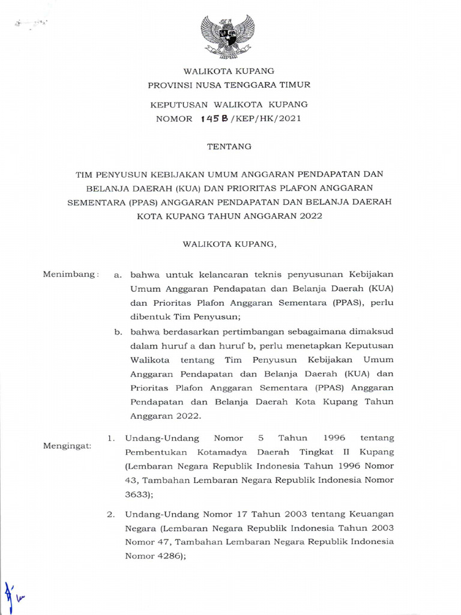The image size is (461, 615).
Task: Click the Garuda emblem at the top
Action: [x=227, y=36]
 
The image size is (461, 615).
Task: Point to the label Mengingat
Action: [x=67, y=447]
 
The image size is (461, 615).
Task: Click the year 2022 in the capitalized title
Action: [x=310, y=216]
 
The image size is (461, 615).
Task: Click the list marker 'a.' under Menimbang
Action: [x=118, y=274]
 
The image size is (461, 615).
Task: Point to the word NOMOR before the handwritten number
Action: [x=174, y=119]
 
